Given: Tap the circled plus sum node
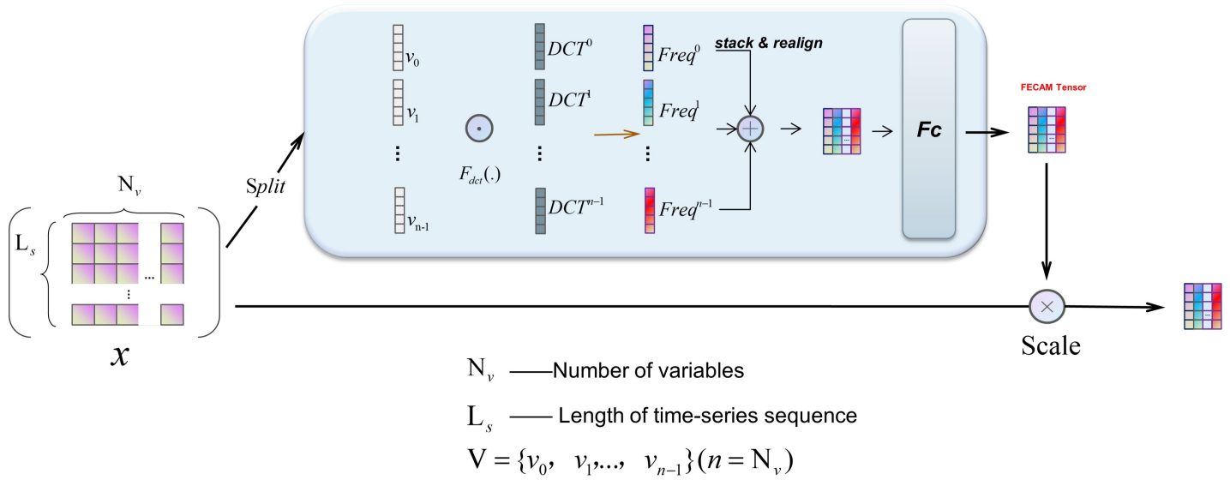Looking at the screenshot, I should [750, 129].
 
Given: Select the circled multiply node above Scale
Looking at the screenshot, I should [1047, 304].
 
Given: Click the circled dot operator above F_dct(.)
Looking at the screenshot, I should [478, 129].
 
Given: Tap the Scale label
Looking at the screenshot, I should [1049, 345].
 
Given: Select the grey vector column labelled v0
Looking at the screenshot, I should [397, 46].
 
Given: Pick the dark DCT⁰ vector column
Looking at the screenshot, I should [539, 46].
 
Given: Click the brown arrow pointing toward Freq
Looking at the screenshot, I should [617, 134].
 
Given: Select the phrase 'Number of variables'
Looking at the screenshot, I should [647, 371].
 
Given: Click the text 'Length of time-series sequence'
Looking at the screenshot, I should [707, 417].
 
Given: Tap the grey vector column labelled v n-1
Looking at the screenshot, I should [397, 210].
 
